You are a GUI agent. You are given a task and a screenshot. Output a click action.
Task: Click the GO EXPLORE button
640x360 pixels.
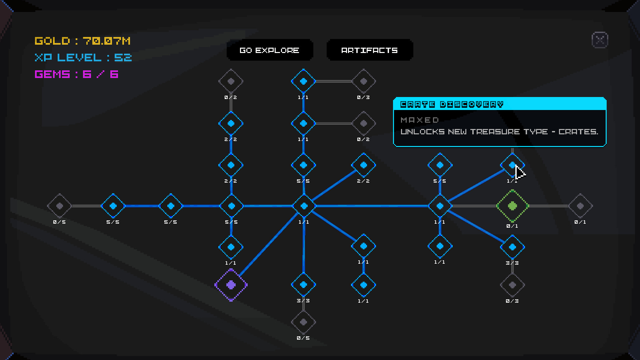(269, 50)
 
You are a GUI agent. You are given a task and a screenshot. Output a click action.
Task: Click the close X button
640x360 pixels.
(600, 40)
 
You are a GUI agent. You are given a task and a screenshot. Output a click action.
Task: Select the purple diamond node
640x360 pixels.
(231, 285)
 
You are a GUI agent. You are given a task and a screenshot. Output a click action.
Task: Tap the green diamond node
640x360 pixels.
(512, 206)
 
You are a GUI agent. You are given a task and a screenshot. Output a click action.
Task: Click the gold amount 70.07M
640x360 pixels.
(107, 41)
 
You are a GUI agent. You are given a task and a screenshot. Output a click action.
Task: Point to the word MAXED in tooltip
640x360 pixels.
(420, 120)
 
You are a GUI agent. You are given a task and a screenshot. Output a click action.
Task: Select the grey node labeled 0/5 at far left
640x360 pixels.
(59, 206)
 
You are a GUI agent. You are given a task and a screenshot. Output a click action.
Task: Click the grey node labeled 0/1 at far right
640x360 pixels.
(580, 206)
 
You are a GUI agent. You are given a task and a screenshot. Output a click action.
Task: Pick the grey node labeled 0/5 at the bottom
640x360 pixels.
(303, 322)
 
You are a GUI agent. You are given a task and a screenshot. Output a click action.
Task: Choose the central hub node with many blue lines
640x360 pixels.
(304, 206)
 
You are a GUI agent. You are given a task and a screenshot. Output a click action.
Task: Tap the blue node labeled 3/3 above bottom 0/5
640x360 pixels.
(303, 285)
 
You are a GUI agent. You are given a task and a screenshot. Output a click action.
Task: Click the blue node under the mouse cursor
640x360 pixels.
(512, 165)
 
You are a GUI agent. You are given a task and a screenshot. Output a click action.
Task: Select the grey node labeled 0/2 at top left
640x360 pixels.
(231, 81)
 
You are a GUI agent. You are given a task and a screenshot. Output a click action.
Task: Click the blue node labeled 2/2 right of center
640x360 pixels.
(363, 165)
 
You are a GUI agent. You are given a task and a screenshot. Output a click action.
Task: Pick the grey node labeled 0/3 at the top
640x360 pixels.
(364, 81)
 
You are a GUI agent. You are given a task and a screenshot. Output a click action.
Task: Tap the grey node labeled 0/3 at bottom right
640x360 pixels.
(512, 285)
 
